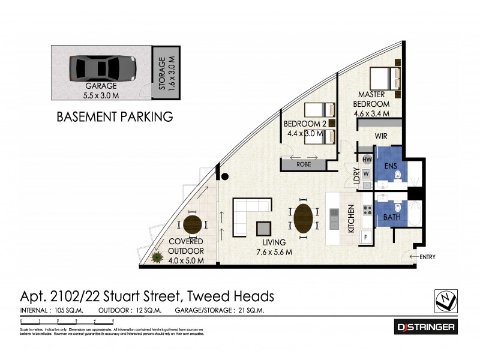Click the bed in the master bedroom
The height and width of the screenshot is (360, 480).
(x=385, y=80)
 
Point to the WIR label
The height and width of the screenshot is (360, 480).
(x=382, y=137)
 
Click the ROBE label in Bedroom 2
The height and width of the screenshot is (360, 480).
(x=304, y=163)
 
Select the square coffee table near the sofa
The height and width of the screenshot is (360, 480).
(x=264, y=229)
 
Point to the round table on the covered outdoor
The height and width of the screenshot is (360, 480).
(x=192, y=224)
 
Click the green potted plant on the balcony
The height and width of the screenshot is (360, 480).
(x=158, y=258)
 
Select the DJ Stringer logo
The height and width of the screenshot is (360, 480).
(x=426, y=327)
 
